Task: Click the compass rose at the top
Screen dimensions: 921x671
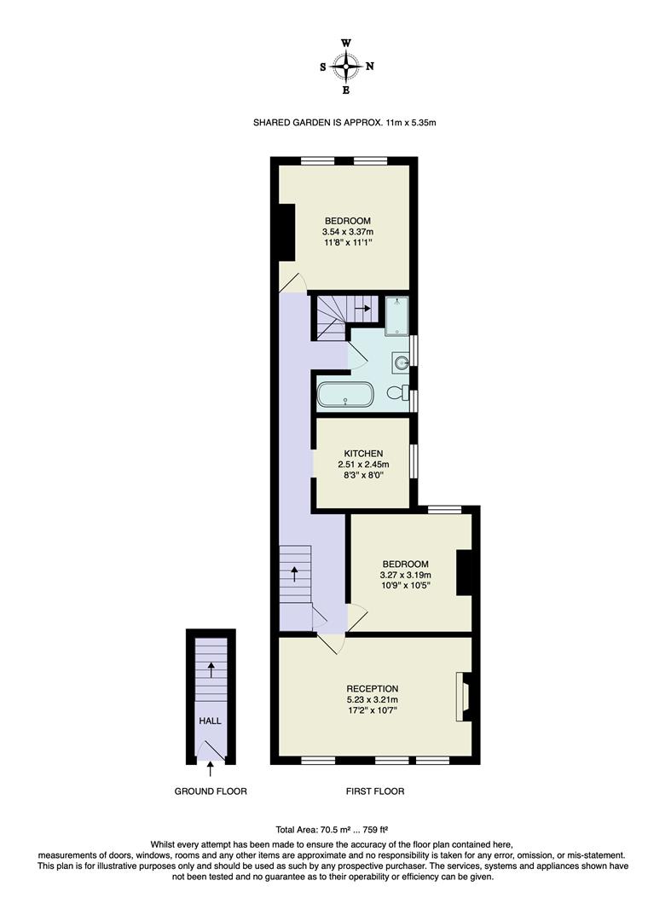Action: tap(346, 66)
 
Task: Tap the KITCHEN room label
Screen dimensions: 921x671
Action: tap(362, 453)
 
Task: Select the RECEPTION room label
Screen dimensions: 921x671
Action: tap(372, 688)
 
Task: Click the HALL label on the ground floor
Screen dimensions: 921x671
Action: tap(210, 721)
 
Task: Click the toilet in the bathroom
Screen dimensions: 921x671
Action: tap(396, 394)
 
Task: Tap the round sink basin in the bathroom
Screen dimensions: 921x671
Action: tap(400, 362)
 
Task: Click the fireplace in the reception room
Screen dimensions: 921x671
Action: tap(464, 697)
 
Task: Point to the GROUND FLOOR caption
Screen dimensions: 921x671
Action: tap(211, 791)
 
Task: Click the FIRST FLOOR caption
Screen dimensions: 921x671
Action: tap(374, 791)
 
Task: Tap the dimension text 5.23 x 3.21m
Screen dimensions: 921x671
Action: tap(372, 700)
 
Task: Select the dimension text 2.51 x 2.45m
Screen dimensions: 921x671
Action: tap(362, 464)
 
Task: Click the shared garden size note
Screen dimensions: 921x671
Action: tap(344, 123)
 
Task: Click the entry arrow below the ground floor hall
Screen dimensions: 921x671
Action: tap(210, 771)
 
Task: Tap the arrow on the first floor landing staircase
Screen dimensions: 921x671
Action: tap(295, 572)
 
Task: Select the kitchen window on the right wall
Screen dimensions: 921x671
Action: tap(414, 461)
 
